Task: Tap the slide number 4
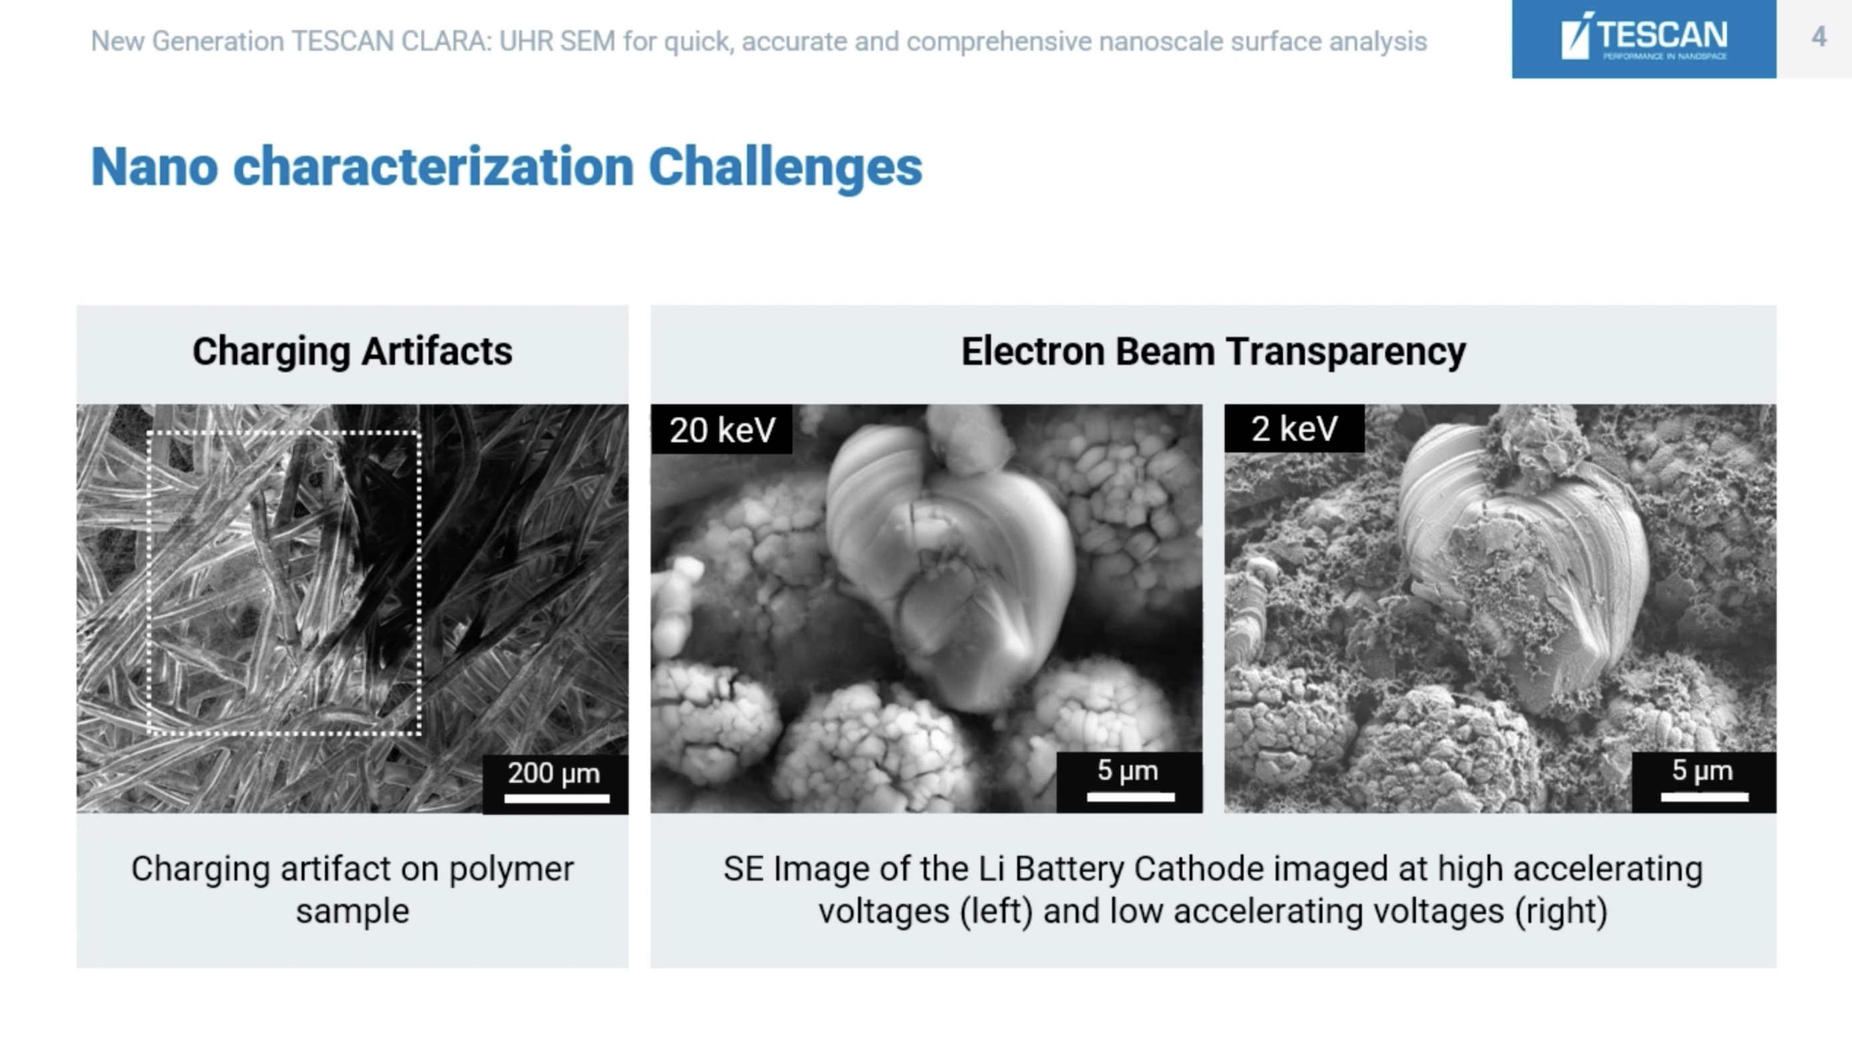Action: (1818, 37)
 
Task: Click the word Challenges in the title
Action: (785, 167)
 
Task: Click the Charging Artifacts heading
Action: (353, 351)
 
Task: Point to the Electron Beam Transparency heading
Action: (1213, 351)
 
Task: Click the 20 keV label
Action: (722, 430)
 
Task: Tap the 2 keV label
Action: (1294, 429)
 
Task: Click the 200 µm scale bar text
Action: (553, 773)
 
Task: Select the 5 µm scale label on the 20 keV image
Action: (1128, 770)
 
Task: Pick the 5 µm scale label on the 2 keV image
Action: (1702, 770)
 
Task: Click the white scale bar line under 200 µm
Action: (556, 798)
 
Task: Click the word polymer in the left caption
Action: (511, 869)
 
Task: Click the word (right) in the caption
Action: (1561, 911)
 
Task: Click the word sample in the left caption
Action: (353, 911)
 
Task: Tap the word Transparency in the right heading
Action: (1345, 351)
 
